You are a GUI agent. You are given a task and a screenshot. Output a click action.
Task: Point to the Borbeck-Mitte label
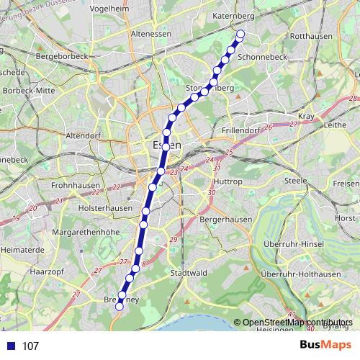tap(30, 91)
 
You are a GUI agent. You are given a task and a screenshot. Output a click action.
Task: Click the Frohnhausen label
tap(75, 185)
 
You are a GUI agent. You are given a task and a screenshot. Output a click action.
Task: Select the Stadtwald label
tap(189, 273)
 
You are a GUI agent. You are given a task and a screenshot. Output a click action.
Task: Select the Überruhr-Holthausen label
tap(301, 274)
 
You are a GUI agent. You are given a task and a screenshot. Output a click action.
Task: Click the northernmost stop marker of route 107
tap(240, 34)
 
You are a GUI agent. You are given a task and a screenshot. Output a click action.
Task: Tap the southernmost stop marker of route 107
tap(119, 306)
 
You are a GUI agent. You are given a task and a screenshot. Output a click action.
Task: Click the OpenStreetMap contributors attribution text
tap(298, 322)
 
